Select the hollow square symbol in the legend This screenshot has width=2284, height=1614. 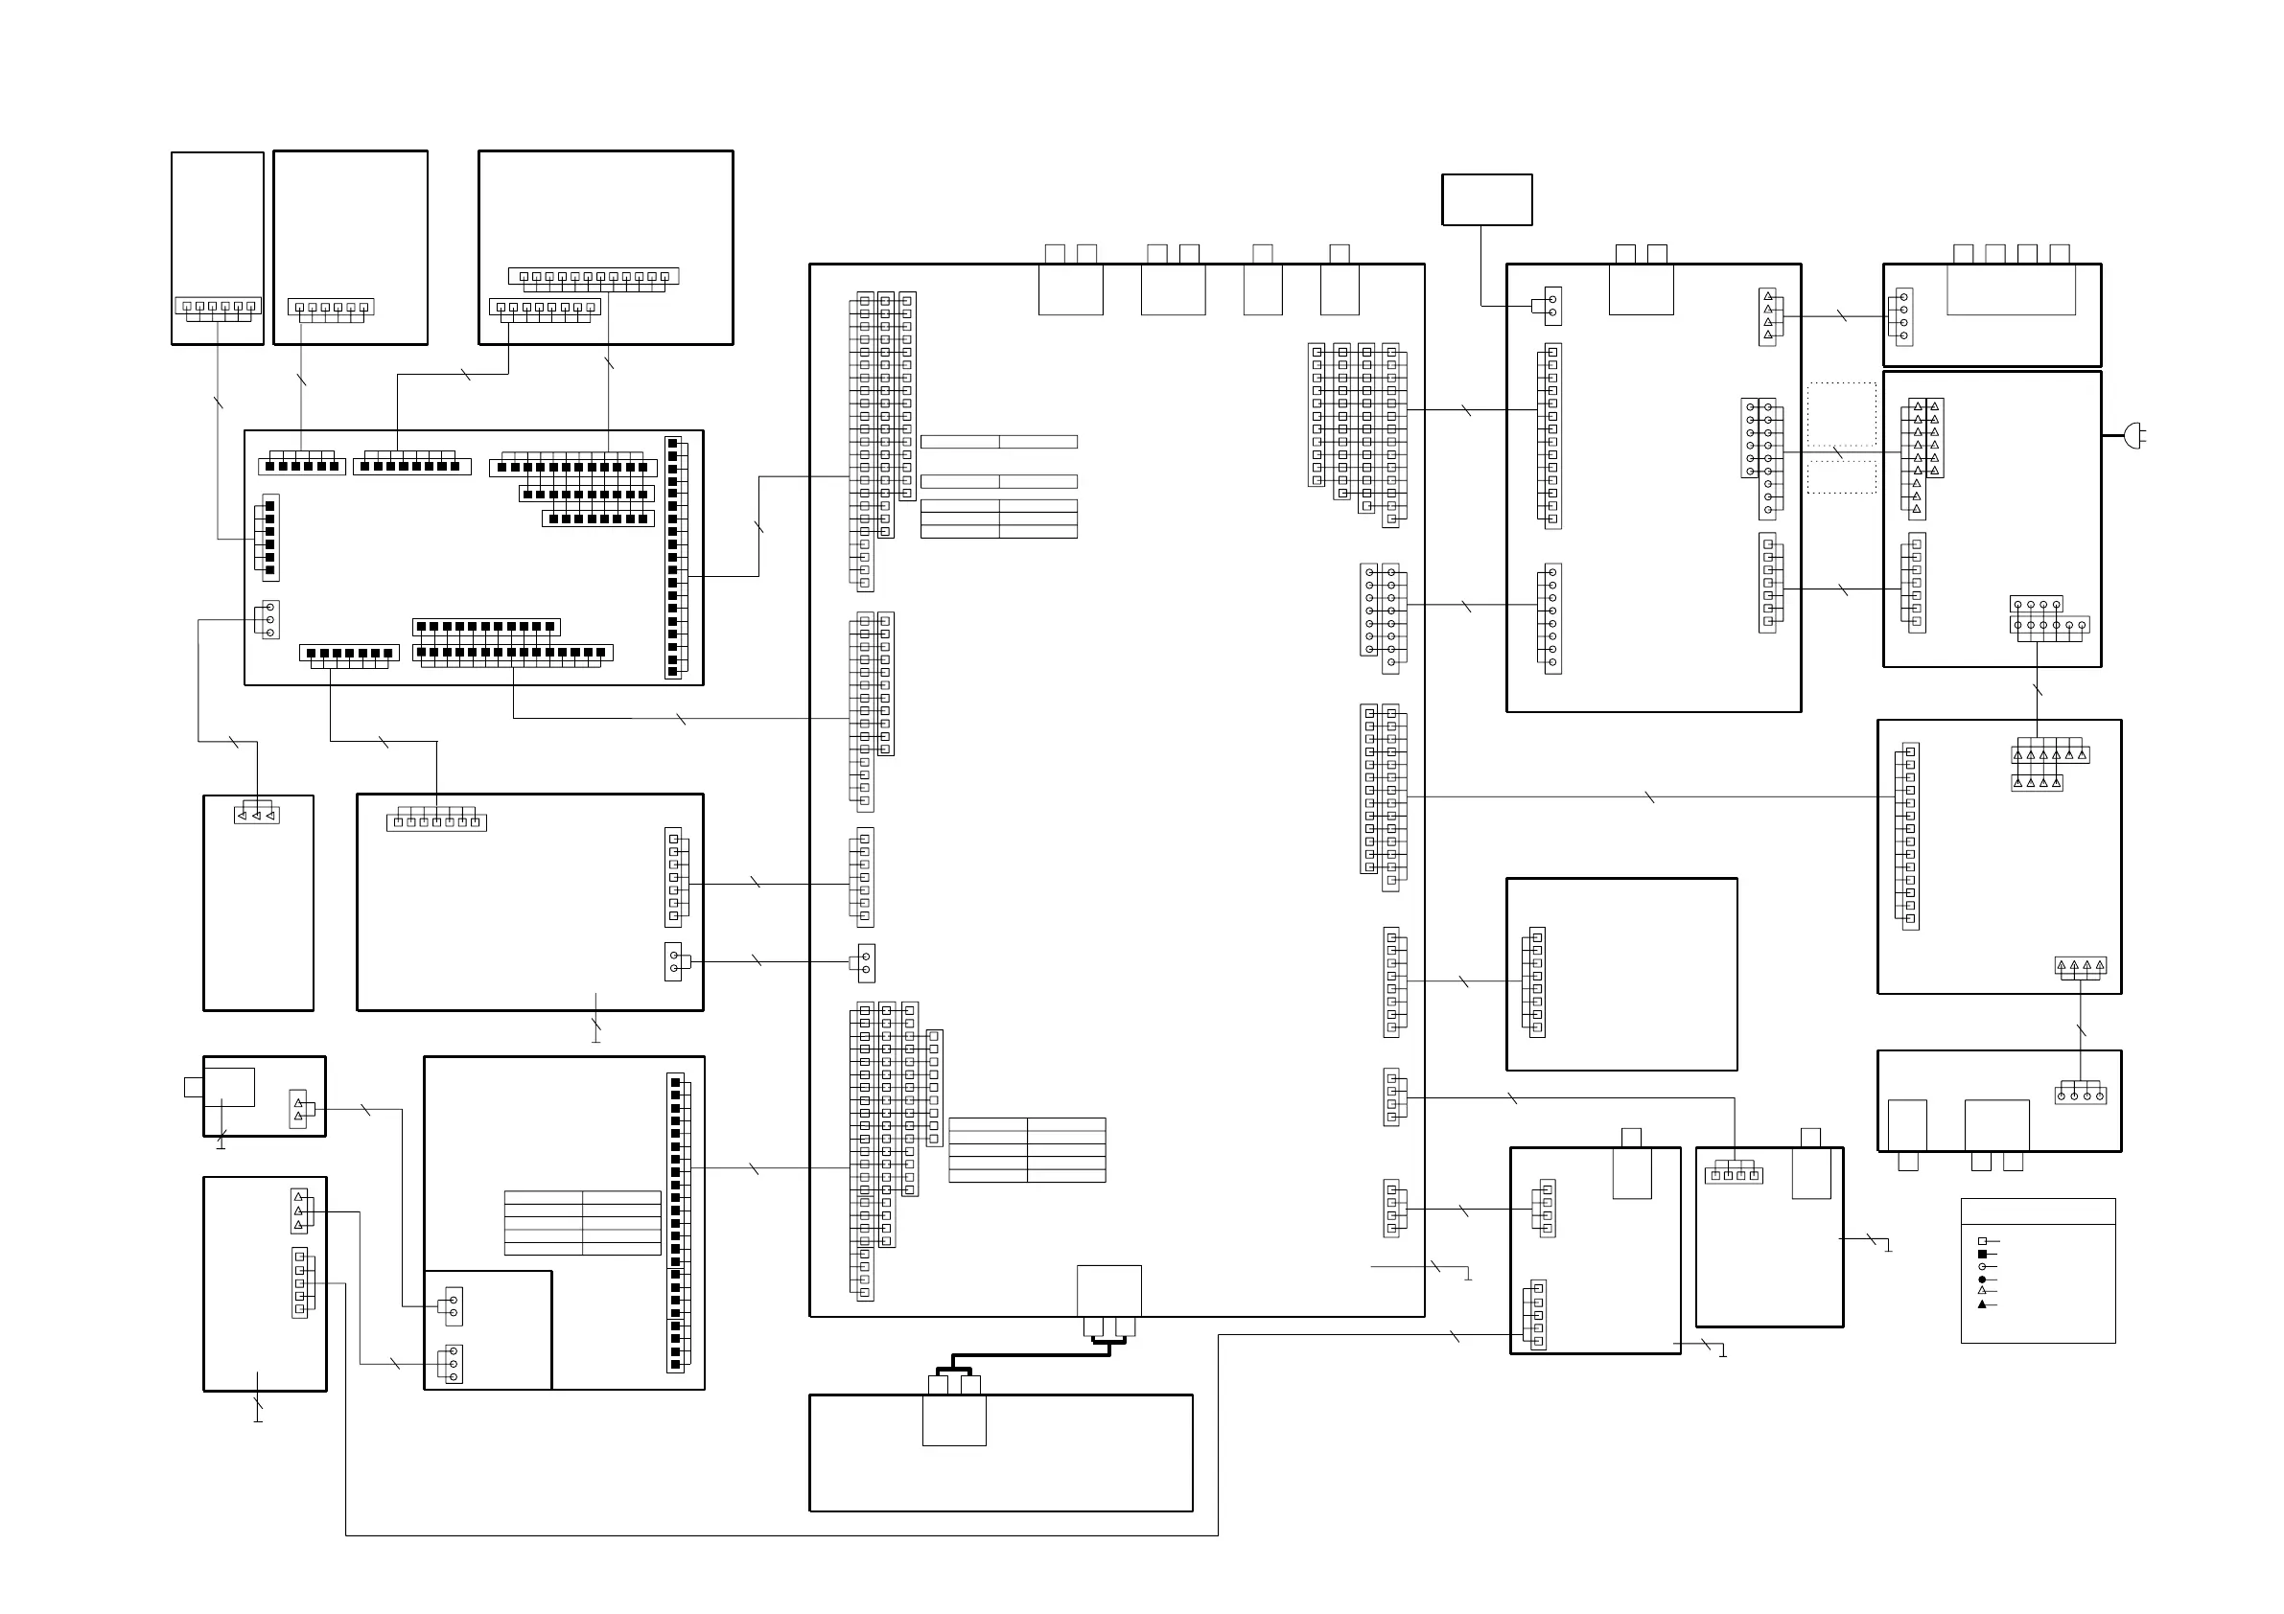[x=1982, y=1241]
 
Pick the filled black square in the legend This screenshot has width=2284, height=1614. [x=1982, y=1254]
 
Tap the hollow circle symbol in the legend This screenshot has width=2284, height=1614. [x=1982, y=1267]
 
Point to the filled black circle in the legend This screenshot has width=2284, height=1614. [x=1982, y=1280]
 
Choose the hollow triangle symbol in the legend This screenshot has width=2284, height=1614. [x=1982, y=1291]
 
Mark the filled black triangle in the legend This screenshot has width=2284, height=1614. [x=1982, y=1303]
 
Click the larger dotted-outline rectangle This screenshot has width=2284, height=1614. [x=1841, y=414]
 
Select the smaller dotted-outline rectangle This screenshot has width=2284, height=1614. [x=1841, y=477]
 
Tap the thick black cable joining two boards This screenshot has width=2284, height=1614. [x=1030, y=1355]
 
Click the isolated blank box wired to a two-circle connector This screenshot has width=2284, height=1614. [x=1486, y=199]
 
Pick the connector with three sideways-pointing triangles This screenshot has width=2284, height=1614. [x=257, y=816]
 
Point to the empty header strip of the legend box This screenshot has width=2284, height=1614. [x=2038, y=1211]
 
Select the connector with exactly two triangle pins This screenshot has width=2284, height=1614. [x=298, y=1110]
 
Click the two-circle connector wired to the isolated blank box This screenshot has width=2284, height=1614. [x=1551, y=307]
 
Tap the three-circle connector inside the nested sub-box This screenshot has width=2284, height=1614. [x=454, y=1365]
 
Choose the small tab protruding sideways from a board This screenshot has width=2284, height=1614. [x=193, y=1087]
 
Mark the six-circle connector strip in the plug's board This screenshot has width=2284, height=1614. [x=2049, y=626]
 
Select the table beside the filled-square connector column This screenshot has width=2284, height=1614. [x=582, y=1222]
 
